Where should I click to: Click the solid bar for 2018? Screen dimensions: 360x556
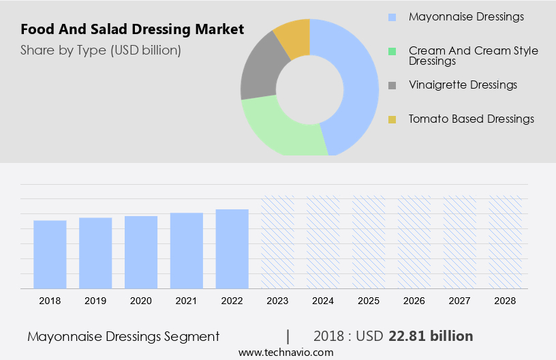pyautogui.click(x=50, y=254)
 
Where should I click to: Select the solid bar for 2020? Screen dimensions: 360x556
pyautogui.click(x=141, y=252)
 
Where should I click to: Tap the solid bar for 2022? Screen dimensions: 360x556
pyautogui.click(x=232, y=249)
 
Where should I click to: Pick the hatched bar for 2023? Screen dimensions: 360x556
pyautogui.click(x=278, y=242)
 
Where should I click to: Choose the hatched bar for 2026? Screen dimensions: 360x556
pyautogui.click(x=414, y=242)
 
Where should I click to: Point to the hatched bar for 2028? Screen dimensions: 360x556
pyautogui.click(x=506, y=242)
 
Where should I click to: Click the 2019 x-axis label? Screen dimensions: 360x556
pyautogui.click(x=95, y=300)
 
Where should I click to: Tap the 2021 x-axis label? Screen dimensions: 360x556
pyautogui.click(x=187, y=300)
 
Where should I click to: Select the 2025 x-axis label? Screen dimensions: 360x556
pyautogui.click(x=369, y=300)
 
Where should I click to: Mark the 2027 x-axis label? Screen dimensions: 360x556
pyautogui.click(x=460, y=300)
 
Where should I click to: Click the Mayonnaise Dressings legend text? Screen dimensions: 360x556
pyautogui.click(x=466, y=16)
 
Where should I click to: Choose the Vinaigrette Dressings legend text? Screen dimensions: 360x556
pyautogui.click(x=463, y=85)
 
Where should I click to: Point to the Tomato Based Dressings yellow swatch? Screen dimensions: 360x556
pyautogui.click(x=392, y=120)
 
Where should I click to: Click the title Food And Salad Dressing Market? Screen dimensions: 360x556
pyautogui.click(x=132, y=30)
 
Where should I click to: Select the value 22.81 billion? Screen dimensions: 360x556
pyautogui.click(x=431, y=336)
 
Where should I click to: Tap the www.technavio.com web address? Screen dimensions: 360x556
pyautogui.click(x=285, y=352)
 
